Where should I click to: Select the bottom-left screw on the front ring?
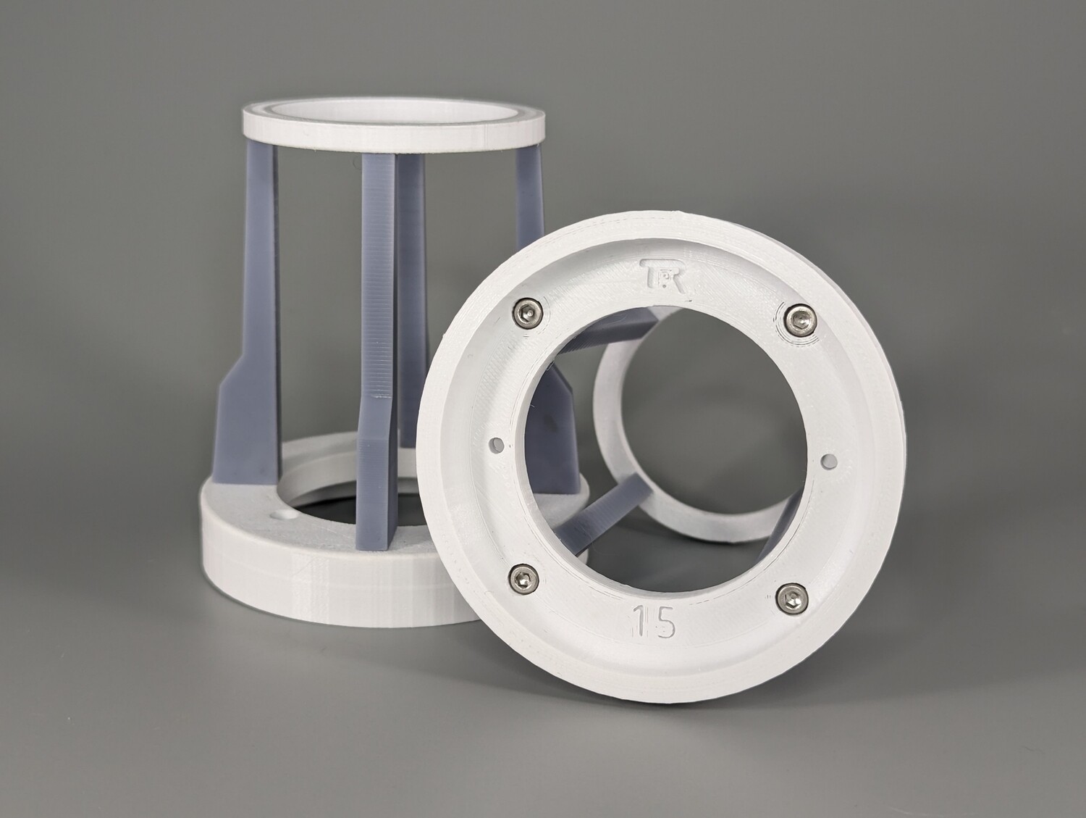click(x=523, y=576)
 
